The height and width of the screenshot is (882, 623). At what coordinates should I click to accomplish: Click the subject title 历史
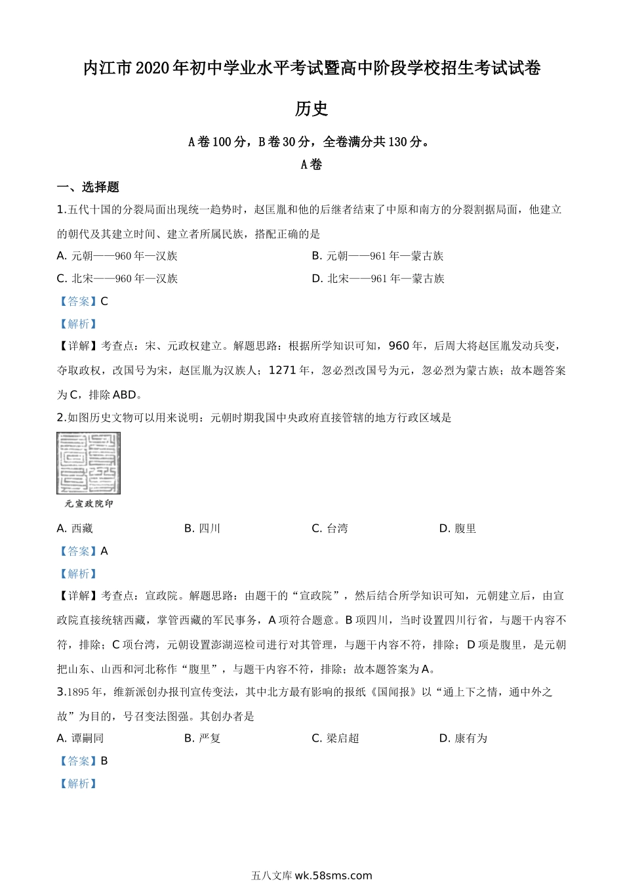click(x=311, y=109)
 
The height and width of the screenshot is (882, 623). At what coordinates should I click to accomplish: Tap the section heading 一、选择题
click(x=88, y=188)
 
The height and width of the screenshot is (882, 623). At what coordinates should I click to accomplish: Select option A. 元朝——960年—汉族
click(x=117, y=256)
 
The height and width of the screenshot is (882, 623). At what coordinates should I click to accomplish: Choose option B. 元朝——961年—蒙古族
click(x=378, y=256)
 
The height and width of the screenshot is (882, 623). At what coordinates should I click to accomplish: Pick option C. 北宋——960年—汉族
click(x=117, y=278)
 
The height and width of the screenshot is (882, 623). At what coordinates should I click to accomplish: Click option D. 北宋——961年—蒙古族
click(x=378, y=278)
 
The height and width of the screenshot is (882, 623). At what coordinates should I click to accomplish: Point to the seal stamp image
click(x=89, y=463)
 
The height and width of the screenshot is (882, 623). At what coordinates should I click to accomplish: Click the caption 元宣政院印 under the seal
click(x=89, y=504)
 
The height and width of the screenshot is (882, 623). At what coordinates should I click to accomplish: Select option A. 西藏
click(x=75, y=528)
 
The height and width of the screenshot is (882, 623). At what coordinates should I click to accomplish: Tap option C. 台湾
click(x=330, y=528)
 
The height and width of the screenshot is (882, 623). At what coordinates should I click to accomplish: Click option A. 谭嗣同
click(x=81, y=738)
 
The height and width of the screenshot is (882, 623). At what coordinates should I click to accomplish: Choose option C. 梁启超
click(x=336, y=738)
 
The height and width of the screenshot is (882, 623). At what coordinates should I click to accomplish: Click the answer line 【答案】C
click(x=83, y=301)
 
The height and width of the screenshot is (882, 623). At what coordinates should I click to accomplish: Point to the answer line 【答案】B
click(x=83, y=761)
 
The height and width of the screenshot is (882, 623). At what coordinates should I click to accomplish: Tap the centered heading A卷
click(x=311, y=165)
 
